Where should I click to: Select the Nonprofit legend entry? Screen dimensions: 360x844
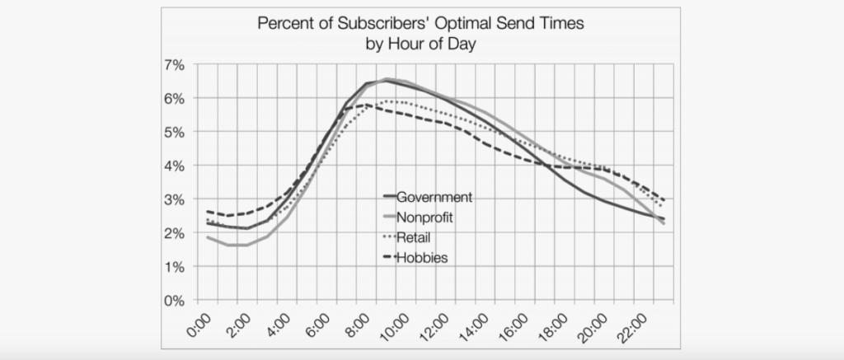click(425, 217)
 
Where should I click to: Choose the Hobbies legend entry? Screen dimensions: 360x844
click(421, 259)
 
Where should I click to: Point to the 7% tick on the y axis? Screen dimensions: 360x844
click(173, 64)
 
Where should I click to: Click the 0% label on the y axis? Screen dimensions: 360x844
click(173, 301)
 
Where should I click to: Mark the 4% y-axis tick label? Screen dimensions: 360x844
click(173, 166)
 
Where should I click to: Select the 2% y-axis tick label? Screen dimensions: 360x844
click(173, 233)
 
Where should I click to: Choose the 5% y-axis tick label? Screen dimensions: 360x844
click(173, 132)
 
